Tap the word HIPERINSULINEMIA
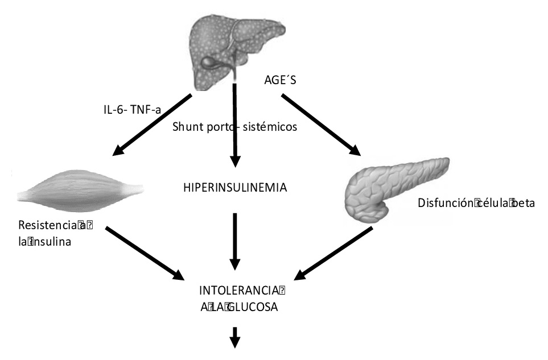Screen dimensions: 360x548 tap(234, 188)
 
